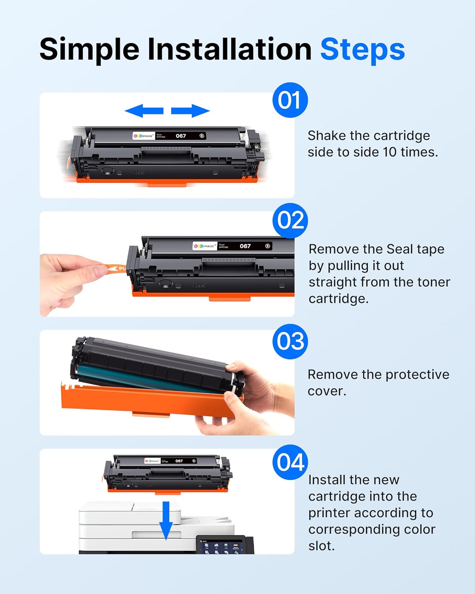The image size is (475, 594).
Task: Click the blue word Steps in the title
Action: coord(362,50)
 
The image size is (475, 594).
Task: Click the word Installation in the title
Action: coord(230,49)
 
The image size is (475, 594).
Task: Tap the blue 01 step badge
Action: coord(290,100)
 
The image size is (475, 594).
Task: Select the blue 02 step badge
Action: coord(290,221)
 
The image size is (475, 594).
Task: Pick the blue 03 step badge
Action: coord(290,341)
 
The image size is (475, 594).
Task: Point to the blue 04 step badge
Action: coord(290,462)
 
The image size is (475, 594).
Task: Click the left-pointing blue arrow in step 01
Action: coord(144,111)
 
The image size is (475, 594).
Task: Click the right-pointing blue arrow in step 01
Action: coord(190,111)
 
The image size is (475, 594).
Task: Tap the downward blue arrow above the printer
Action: coord(166,520)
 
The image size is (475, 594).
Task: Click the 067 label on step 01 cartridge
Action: coord(181,136)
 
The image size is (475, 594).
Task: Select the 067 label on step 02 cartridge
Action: coord(245,246)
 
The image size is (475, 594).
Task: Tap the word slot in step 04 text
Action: coord(321,546)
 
